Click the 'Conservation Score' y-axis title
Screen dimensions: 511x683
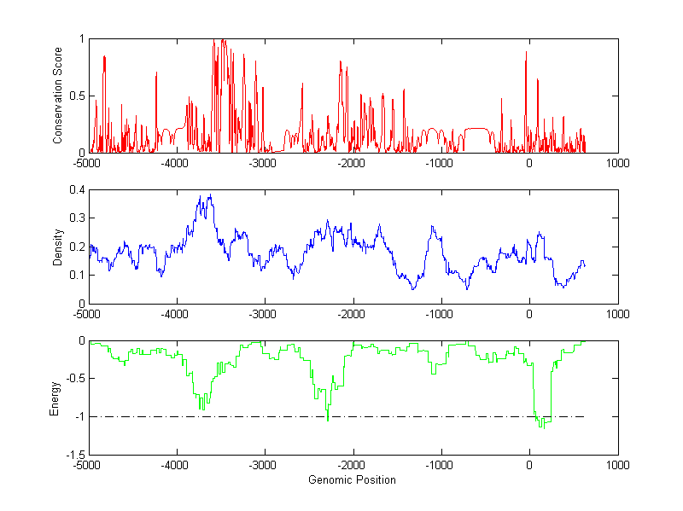(58, 95)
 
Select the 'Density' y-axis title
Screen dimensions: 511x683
(58, 247)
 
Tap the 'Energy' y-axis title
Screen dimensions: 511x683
(55, 398)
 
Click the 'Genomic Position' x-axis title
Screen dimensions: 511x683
(353, 479)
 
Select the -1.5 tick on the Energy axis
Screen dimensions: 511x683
(75, 456)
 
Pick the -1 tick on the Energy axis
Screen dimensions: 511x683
(79, 417)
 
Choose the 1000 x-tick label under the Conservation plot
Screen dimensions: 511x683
(617, 163)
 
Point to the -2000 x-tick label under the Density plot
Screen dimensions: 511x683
(352, 314)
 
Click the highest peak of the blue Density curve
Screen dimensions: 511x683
(209, 195)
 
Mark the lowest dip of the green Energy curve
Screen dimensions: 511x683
(541, 427)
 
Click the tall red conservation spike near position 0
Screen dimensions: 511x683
(526, 52)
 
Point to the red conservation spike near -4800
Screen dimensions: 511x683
(104, 56)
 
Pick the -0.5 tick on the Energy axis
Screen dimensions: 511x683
(75, 379)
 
